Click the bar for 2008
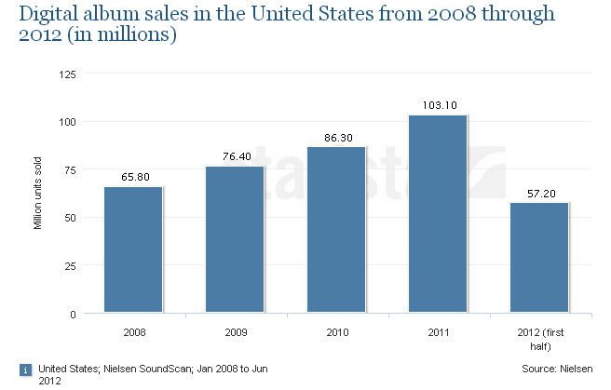point(133,249)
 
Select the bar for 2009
point(235,239)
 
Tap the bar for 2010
point(336,230)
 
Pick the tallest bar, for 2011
point(438,213)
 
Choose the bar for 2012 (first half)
point(539,258)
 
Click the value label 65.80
point(134,176)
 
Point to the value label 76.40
point(236,156)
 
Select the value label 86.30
point(337,137)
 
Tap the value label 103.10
point(438,105)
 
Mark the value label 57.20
point(540,193)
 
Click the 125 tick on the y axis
point(68,74)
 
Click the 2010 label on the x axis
point(336,330)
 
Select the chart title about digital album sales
point(279,25)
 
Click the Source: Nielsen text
point(556,370)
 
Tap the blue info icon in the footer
point(25,370)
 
